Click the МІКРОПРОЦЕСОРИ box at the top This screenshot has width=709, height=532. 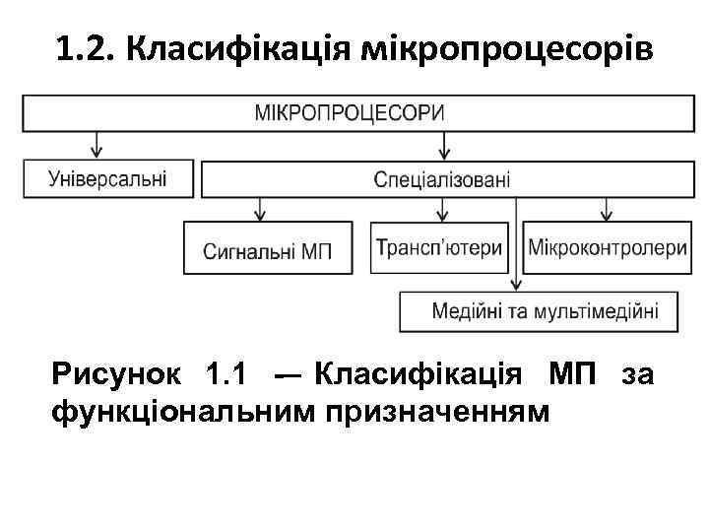pyautogui.click(x=350, y=112)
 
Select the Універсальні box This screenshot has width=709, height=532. pyautogui.click(x=106, y=179)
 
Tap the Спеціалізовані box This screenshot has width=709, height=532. pyautogui.click(x=442, y=180)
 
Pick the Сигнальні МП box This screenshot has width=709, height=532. pyautogui.click(x=268, y=247)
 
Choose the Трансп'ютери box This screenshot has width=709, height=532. pyautogui.click(x=439, y=247)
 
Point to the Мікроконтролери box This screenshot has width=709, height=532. pyautogui.click(x=608, y=247)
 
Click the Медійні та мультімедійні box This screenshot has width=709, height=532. pyautogui.click(x=544, y=311)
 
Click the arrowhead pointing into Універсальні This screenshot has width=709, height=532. pyautogui.click(x=96, y=153)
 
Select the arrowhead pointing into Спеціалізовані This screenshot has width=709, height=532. pyautogui.click(x=444, y=153)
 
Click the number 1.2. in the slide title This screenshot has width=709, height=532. pyautogui.click(x=83, y=48)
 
